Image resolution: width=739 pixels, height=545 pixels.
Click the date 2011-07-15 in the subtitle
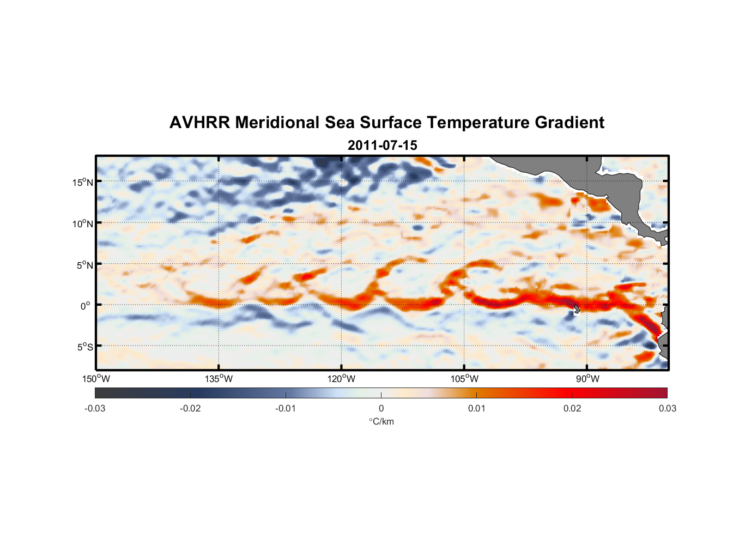pos(382,146)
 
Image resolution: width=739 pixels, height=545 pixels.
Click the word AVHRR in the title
pos(199,123)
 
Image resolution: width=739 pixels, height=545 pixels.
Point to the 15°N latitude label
pos(83,182)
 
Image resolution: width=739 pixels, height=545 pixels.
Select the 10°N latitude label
pos(83,223)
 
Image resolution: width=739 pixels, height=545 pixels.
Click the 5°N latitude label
pos(84,265)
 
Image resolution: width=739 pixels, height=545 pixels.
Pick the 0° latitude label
pos(86,306)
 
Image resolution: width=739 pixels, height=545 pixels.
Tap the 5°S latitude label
pos(84,347)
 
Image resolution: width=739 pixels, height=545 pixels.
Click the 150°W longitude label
pos(96,379)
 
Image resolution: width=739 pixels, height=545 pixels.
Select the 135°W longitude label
pos(219,379)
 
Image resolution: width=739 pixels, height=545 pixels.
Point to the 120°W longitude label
pos(341,379)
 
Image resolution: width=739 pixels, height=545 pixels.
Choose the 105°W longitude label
pos(464,379)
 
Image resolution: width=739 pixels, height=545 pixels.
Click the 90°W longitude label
pos(587,379)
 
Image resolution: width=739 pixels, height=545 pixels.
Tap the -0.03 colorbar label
pos(95,408)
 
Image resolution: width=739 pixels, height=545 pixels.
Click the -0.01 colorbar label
pos(285,408)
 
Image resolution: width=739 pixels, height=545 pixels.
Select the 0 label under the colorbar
pos(381,408)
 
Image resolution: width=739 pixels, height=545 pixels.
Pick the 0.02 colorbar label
pos(572,408)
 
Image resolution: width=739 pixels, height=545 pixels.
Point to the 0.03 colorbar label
pos(667,408)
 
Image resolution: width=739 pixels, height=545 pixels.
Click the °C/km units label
pos(381,421)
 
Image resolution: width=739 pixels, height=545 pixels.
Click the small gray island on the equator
pos(577,309)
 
